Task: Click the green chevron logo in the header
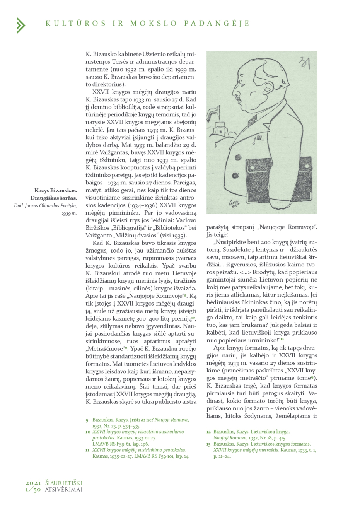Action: tap(20, 25)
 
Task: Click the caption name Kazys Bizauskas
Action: tap(55, 190)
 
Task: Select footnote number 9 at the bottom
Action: tap(87, 420)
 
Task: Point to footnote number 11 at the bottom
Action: tap(87, 450)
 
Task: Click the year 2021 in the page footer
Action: tap(33, 483)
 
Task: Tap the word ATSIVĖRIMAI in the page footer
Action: tap(63, 489)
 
